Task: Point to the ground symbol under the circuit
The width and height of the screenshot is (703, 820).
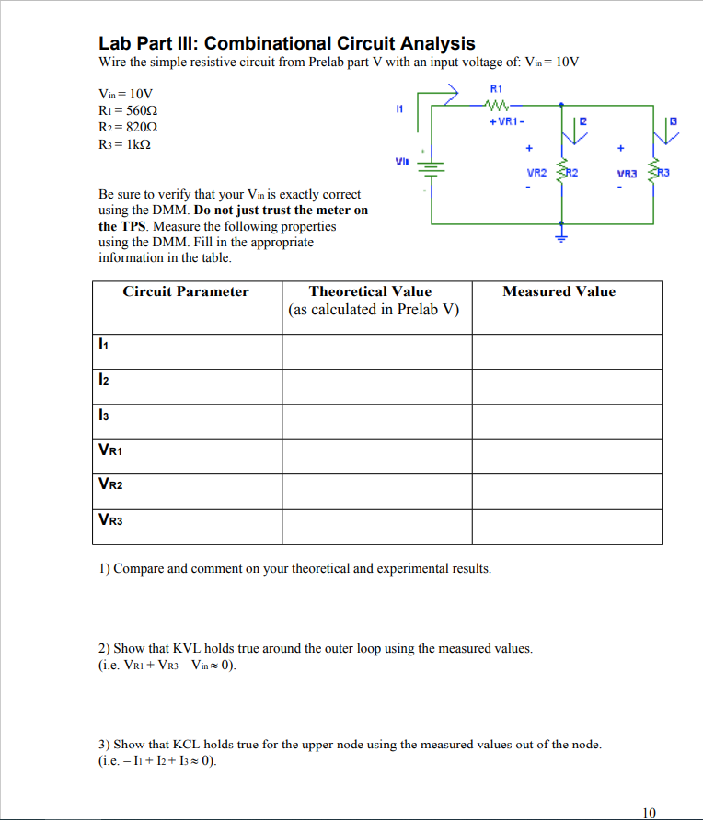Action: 561,234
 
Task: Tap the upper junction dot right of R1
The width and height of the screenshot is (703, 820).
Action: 561,105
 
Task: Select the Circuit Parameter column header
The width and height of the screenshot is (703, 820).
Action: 186,291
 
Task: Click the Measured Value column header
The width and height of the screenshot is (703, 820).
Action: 559,291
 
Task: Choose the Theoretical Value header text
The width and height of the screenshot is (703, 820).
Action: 370,291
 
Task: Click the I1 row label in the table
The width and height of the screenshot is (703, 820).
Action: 104,345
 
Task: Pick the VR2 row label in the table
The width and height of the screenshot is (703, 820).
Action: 110,484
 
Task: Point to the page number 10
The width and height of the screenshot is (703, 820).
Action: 649,812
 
